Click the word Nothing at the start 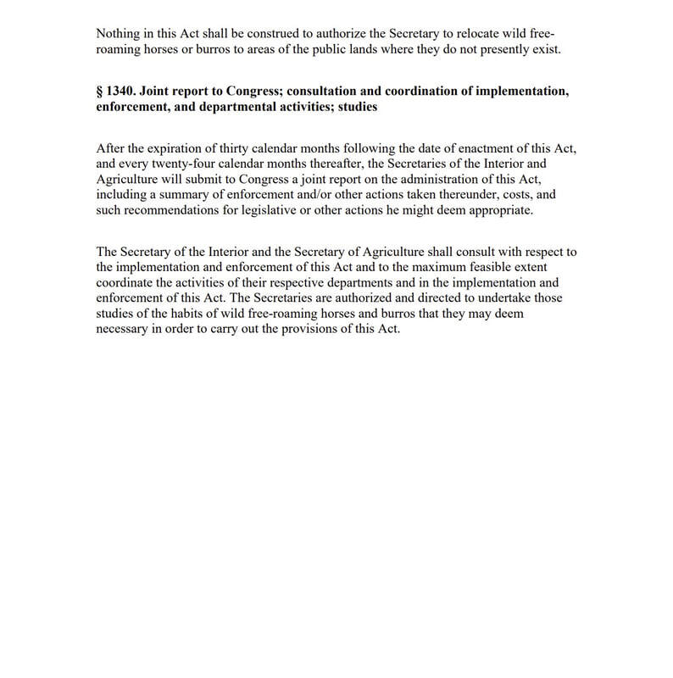pos(118,34)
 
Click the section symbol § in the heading pos(100,92)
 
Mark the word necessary pos(123,330)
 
